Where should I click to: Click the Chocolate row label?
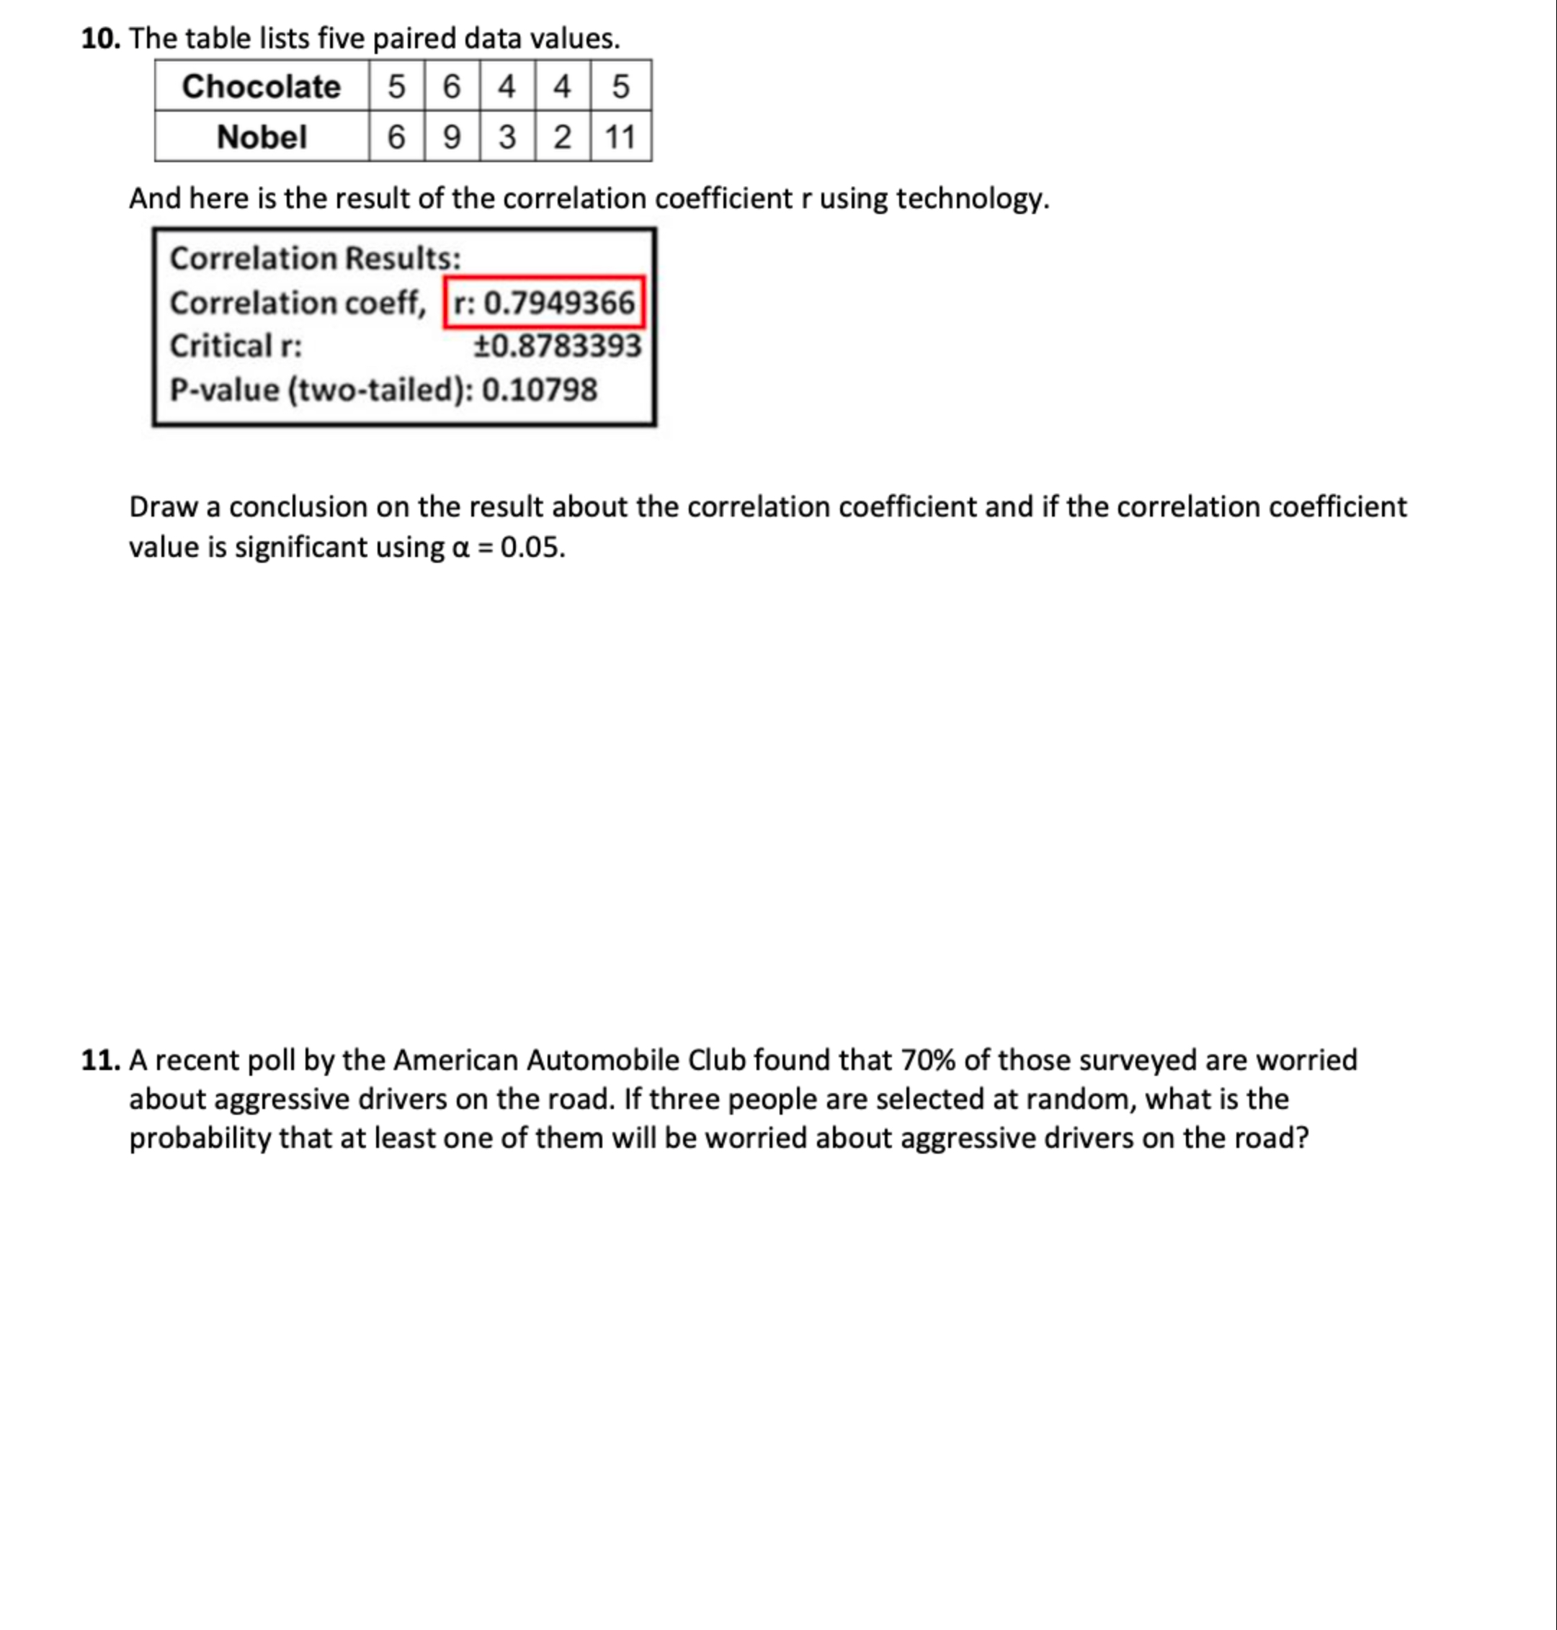(261, 86)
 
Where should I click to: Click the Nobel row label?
(261, 137)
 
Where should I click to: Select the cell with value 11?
(620, 137)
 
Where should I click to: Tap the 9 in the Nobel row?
(452, 137)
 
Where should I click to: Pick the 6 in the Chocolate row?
(452, 86)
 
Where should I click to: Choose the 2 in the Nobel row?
(562, 137)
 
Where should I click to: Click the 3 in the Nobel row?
(507, 137)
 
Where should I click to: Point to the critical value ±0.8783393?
(557, 346)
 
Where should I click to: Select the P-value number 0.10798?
(540, 389)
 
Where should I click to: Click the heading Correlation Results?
(316, 258)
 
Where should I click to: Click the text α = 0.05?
(508, 548)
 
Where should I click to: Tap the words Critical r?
(236, 346)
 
